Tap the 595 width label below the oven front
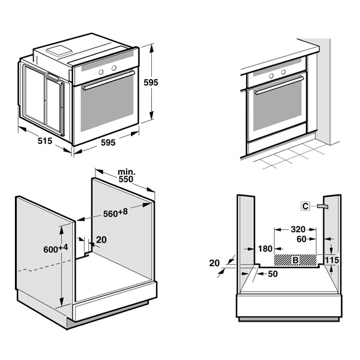click(107, 143)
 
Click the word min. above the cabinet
click(126, 171)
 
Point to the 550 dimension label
click(125, 179)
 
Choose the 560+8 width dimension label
click(116, 212)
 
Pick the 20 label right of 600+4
click(101, 240)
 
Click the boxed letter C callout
click(305, 206)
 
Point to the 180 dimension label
click(264, 248)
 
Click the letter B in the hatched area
click(295, 260)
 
